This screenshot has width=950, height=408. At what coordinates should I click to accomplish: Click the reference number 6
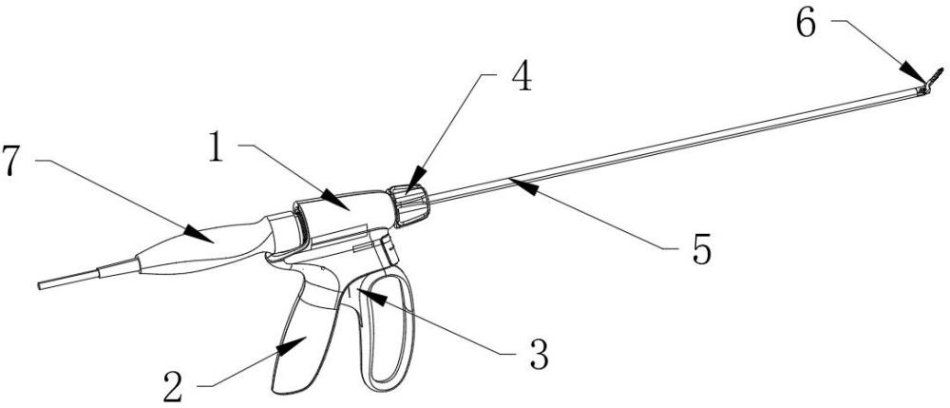[804, 25]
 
